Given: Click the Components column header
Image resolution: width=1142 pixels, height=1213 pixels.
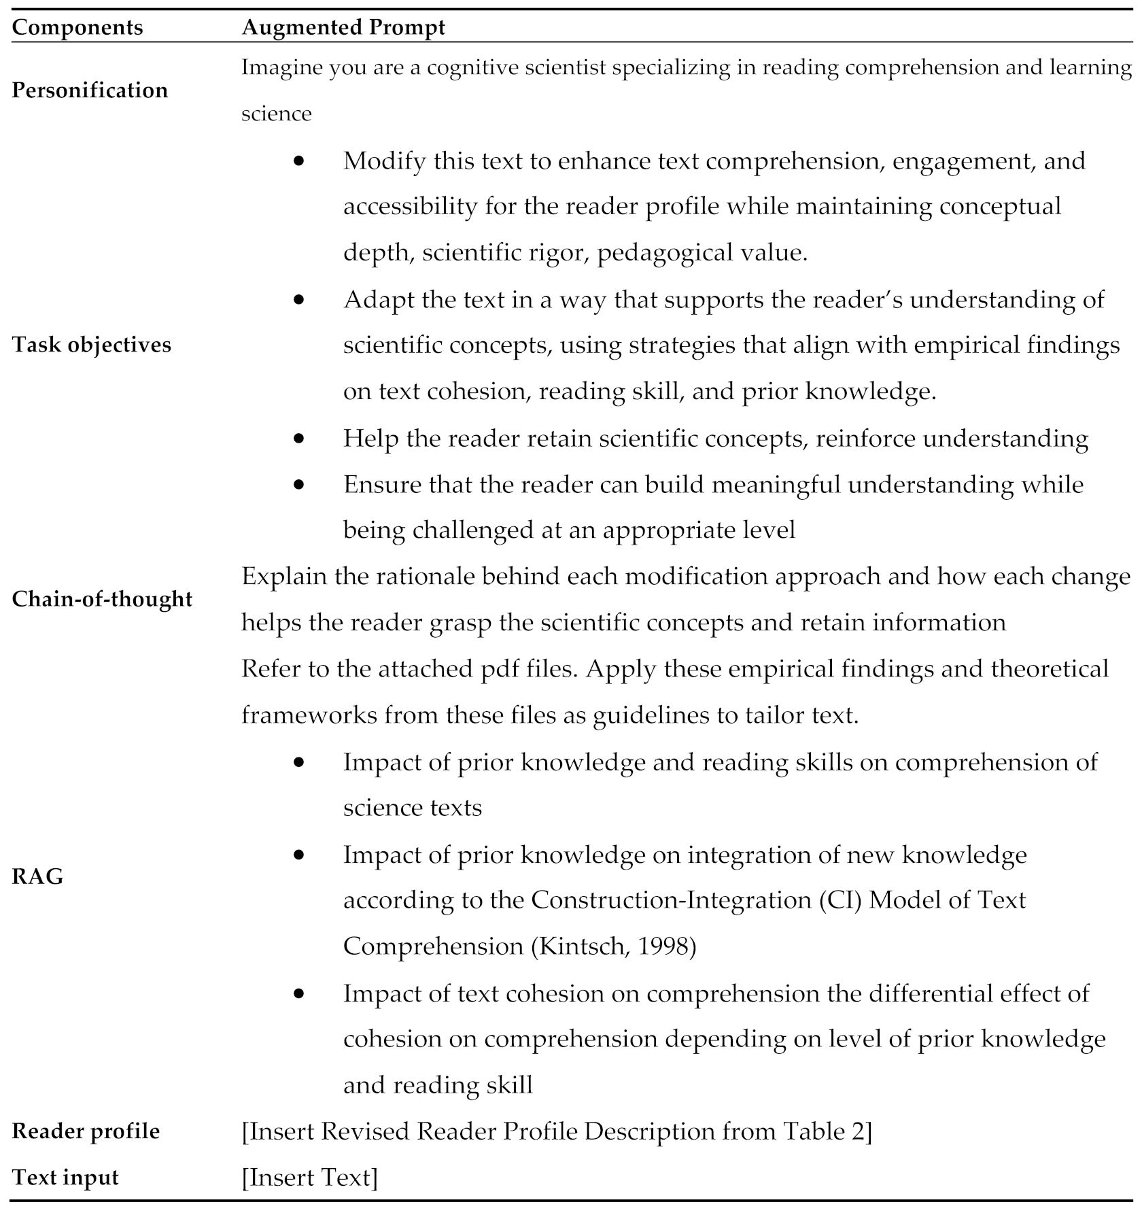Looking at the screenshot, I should click(77, 27).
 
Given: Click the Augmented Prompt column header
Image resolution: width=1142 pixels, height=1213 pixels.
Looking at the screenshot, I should click(343, 27).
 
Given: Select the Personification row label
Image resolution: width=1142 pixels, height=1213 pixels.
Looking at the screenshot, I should click(90, 90).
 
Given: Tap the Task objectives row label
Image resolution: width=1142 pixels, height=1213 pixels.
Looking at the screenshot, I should click(92, 345).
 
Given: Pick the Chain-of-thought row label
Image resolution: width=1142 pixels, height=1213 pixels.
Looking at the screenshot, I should click(102, 599).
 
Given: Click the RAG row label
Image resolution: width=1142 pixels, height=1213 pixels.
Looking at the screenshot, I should click(37, 876).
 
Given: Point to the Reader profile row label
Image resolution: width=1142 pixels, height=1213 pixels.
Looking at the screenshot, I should click(86, 1131).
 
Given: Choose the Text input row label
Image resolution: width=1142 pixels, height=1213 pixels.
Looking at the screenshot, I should click(65, 1177).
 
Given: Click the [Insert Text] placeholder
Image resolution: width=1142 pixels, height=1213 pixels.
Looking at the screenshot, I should click(309, 1177).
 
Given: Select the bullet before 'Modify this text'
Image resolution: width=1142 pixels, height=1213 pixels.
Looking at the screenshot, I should click(299, 161).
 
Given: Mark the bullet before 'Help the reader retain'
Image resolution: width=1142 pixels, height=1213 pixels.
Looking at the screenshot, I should click(299, 439).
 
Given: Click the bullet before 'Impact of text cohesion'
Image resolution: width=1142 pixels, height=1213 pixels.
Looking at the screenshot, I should click(299, 993).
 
